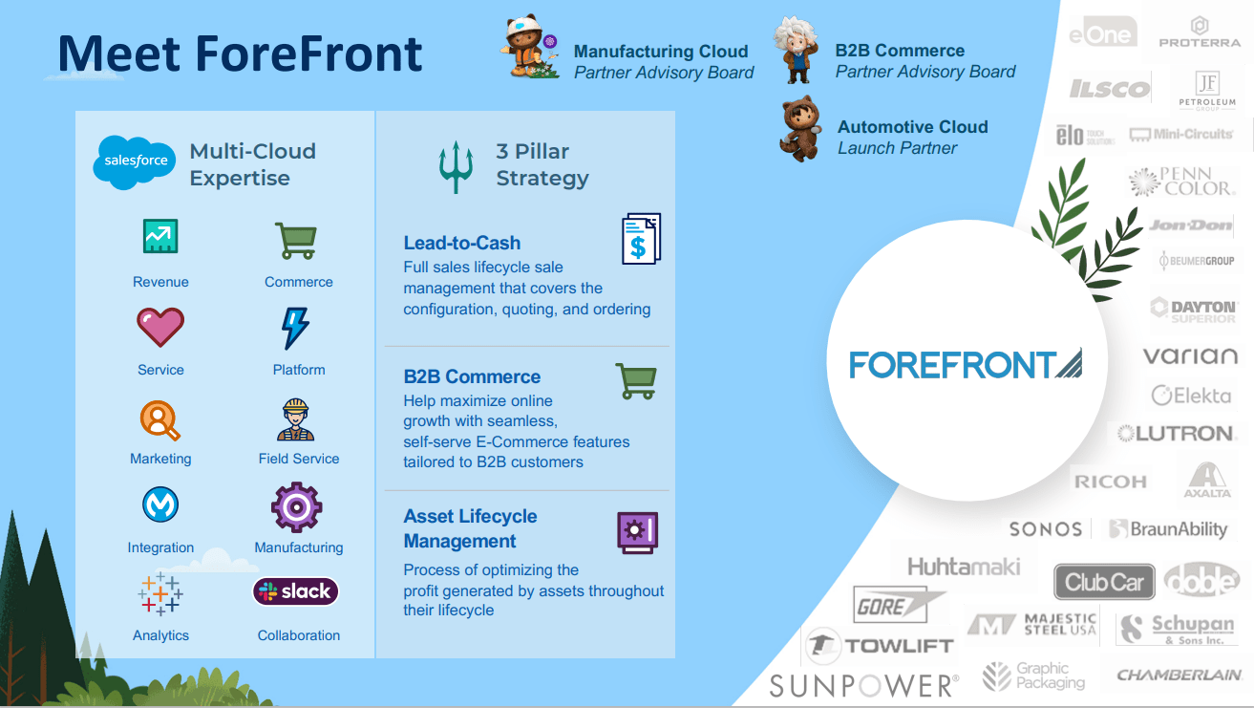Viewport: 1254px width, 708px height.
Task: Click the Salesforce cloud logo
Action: point(135,161)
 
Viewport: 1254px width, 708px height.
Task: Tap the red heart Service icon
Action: point(160,328)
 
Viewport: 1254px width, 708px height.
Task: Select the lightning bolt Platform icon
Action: point(295,328)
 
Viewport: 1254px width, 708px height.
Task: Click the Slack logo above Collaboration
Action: point(295,591)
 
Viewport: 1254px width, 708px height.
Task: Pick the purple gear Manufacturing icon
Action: point(296,506)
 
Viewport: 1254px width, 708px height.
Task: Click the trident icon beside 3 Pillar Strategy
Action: point(457,166)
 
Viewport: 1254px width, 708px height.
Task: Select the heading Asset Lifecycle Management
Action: point(470,528)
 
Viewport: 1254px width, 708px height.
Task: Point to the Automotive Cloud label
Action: point(912,127)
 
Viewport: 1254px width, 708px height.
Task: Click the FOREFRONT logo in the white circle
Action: point(965,364)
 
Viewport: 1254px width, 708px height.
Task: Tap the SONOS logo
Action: point(1046,529)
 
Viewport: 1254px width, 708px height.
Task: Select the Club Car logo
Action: point(1104,582)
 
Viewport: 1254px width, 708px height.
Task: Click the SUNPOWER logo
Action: point(863,685)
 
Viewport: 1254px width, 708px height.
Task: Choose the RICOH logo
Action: point(1110,482)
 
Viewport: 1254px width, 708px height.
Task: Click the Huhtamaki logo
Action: point(964,567)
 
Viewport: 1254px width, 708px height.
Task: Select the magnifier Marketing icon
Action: point(160,418)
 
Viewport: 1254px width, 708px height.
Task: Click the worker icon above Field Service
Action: point(297,418)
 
